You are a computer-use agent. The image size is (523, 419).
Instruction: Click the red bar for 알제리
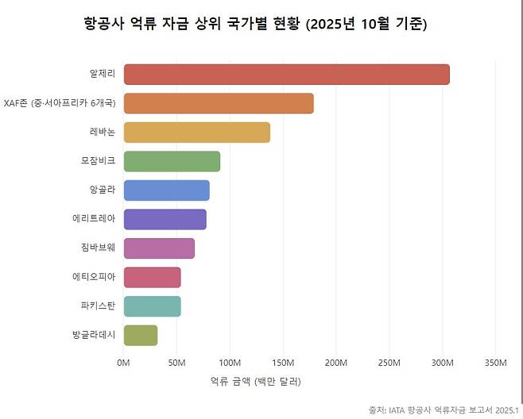(x=286, y=74)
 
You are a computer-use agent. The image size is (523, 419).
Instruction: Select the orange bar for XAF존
(x=219, y=103)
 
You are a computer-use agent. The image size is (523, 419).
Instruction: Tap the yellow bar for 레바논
(x=196, y=132)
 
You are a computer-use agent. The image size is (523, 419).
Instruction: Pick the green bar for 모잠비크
(x=172, y=161)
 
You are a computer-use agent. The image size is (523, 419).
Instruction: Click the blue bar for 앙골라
(x=166, y=190)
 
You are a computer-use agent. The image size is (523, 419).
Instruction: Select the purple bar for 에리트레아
(x=165, y=219)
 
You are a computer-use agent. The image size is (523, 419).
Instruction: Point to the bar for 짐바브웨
(x=159, y=248)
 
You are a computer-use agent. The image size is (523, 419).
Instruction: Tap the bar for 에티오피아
(x=152, y=277)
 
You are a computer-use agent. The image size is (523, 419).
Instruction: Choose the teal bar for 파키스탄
(x=152, y=306)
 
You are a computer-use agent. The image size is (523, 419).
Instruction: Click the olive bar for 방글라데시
(x=141, y=335)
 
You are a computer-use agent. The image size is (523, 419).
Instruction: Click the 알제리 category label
(x=103, y=74)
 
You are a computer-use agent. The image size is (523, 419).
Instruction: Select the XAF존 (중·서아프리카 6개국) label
(x=60, y=103)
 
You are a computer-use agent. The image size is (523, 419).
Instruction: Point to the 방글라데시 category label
(x=94, y=335)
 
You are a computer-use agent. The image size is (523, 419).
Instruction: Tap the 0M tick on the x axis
(x=123, y=363)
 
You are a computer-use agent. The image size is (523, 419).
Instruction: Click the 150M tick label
(x=283, y=363)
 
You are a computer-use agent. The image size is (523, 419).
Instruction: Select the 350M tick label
(x=495, y=363)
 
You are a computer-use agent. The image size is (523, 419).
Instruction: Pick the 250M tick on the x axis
(x=389, y=363)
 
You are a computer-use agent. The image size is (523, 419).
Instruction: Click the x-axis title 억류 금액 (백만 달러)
(x=255, y=382)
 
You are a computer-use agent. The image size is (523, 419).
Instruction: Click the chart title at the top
(x=255, y=24)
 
